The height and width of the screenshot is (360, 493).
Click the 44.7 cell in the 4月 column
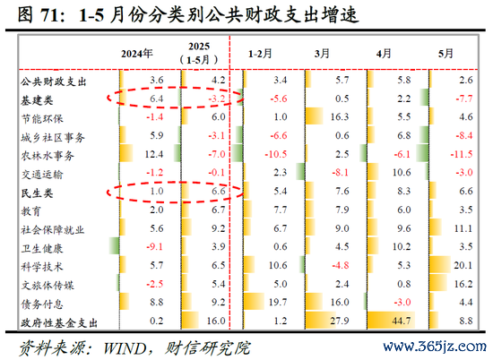click(x=402, y=321)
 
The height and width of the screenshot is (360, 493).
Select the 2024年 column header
click(x=137, y=54)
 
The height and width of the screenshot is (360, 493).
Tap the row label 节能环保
click(x=42, y=119)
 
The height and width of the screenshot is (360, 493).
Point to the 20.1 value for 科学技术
click(x=463, y=265)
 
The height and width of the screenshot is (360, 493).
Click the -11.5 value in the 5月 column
click(x=462, y=154)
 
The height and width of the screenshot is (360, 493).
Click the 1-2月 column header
click(x=260, y=54)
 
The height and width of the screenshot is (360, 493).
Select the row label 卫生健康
click(x=42, y=248)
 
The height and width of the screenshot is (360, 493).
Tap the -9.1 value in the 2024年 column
click(x=154, y=246)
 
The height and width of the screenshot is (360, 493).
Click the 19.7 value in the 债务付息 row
click(x=278, y=302)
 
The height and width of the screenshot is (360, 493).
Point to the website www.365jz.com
click(x=435, y=347)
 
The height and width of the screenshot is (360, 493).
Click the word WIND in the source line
click(x=125, y=348)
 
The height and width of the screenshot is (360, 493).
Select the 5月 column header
click(x=445, y=54)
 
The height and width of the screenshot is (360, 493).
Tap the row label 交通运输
click(x=42, y=175)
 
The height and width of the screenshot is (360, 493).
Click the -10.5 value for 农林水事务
click(x=276, y=154)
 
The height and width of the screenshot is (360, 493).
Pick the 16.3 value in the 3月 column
click(x=340, y=116)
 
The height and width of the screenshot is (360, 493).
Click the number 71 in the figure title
click(x=50, y=14)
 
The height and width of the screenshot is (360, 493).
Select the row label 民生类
click(x=37, y=193)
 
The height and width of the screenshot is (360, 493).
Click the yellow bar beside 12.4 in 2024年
click(x=126, y=153)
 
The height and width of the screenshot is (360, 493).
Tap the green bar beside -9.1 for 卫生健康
click(x=114, y=245)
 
